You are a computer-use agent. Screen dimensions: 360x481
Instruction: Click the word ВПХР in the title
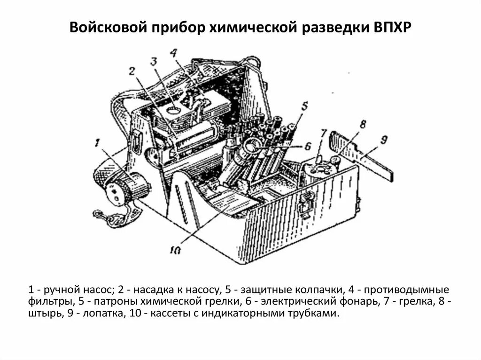[x=393, y=28]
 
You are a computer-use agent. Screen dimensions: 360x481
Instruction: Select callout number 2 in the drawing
[x=132, y=71]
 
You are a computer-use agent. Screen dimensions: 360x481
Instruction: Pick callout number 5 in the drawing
[x=304, y=106]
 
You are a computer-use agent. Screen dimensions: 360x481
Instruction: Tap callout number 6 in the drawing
[x=307, y=146]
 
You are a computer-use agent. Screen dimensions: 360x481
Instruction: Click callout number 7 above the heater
[x=323, y=133]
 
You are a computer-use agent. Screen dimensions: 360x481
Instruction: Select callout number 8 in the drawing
[x=362, y=125]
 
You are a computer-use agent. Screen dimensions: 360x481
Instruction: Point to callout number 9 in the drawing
[x=383, y=139]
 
